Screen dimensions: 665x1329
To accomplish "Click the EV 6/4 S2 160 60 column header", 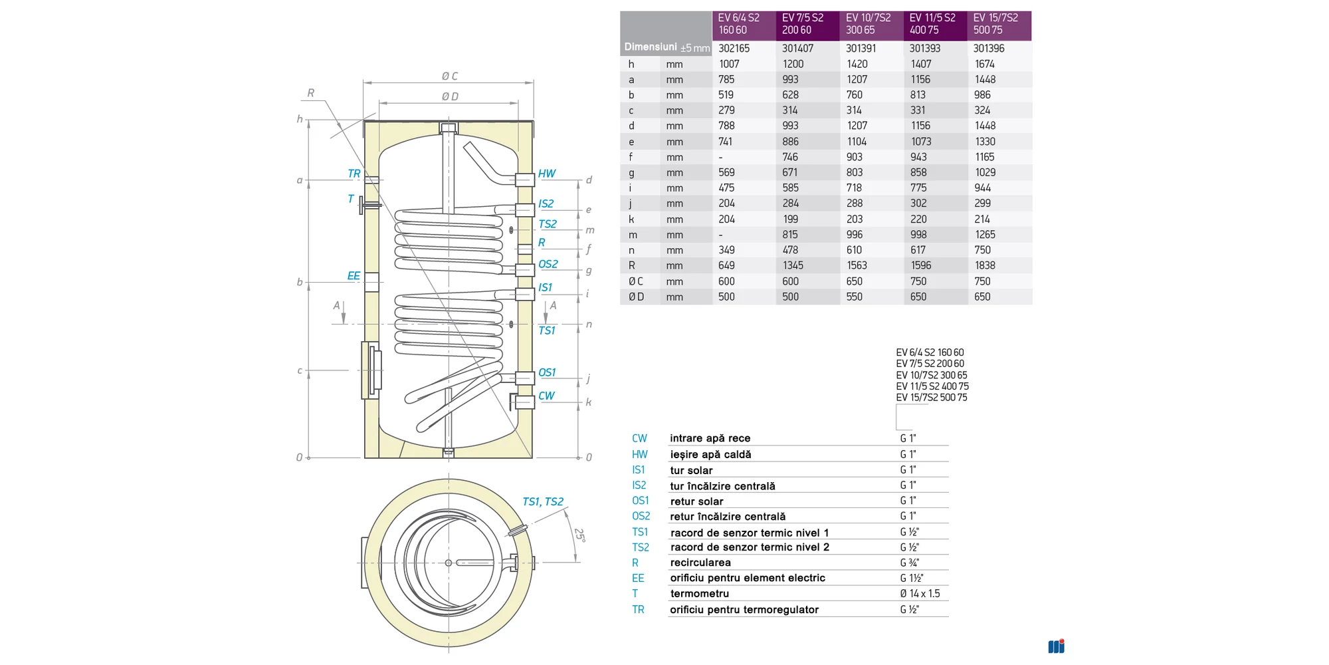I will pyautogui.click(x=738, y=24).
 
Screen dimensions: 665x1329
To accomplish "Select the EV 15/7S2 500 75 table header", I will pyautogui.click(x=995, y=24).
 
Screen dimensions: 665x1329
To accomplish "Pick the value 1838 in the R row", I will pyautogui.click(x=985, y=265).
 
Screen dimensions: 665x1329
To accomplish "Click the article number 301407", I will pyautogui.click(x=797, y=49).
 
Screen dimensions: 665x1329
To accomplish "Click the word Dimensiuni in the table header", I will pyautogui.click(x=651, y=47).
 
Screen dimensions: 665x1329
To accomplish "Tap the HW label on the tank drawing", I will pyautogui.click(x=547, y=174).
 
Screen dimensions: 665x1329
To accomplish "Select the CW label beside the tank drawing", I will pyautogui.click(x=546, y=396).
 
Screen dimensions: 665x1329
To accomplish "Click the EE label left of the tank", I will pyautogui.click(x=354, y=276).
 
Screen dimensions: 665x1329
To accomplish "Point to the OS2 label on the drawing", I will pyautogui.click(x=548, y=264).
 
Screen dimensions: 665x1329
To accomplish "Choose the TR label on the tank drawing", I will pyautogui.click(x=354, y=174).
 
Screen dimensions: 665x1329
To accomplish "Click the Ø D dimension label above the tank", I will pyautogui.click(x=450, y=96).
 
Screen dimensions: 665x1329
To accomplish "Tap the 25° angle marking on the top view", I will pyautogui.click(x=579, y=535).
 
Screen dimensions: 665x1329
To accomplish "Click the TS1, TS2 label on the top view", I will pyautogui.click(x=542, y=501).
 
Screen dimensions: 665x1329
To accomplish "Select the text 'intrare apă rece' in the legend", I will pyautogui.click(x=710, y=438).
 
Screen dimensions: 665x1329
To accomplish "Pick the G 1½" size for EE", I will pyautogui.click(x=912, y=578).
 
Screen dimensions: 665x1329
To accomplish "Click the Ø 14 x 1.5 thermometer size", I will pyautogui.click(x=920, y=593).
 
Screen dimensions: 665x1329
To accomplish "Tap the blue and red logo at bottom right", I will pyautogui.click(x=1056, y=646).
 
